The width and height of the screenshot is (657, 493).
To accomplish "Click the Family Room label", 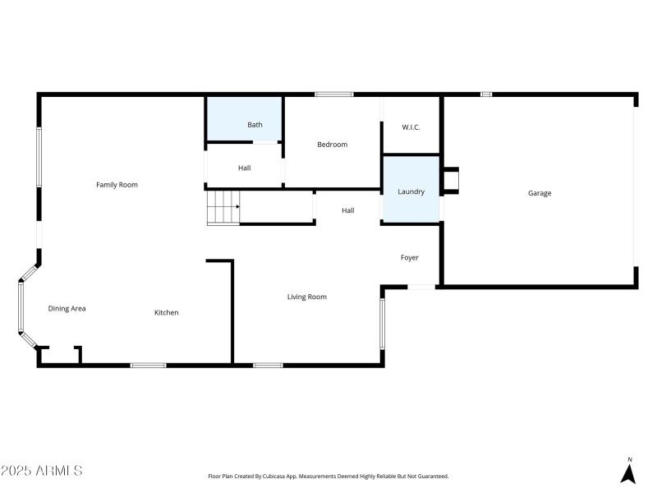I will click(x=117, y=185).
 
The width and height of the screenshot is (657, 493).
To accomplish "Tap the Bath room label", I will click(x=255, y=125).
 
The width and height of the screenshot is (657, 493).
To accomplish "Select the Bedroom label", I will click(x=333, y=145).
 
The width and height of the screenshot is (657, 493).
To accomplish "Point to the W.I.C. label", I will click(x=411, y=127).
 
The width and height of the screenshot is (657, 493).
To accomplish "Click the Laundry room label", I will click(x=411, y=191).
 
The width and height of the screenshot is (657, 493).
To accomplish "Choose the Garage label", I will click(x=540, y=193).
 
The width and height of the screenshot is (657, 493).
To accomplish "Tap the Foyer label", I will click(x=410, y=258).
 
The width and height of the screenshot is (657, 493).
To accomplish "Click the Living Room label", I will click(x=307, y=297).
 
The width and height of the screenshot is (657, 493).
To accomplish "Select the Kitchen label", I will click(x=167, y=312).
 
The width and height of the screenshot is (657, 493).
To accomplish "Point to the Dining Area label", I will click(x=67, y=308).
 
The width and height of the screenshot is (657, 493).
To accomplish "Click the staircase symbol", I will click(x=223, y=207).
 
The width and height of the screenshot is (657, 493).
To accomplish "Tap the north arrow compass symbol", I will click(x=629, y=472).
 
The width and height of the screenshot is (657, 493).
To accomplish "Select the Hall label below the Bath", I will click(x=245, y=168).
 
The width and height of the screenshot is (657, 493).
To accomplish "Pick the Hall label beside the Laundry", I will click(x=348, y=210).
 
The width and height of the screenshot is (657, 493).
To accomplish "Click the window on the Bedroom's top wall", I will click(x=334, y=94).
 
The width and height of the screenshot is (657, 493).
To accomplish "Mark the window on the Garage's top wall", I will click(x=486, y=94).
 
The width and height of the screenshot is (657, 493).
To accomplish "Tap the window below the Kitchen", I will click(x=149, y=365).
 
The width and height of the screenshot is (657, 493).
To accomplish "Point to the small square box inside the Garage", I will click(x=452, y=181).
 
